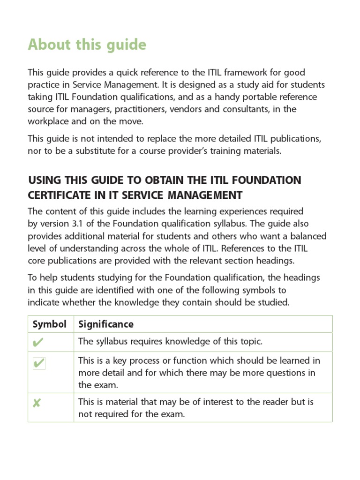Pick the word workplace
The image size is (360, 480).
pyautogui.click(x=49, y=121)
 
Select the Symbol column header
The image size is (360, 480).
pyautogui.click(x=49, y=324)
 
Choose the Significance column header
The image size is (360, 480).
pyautogui.click(x=105, y=324)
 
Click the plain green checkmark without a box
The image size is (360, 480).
pyautogui.click(x=37, y=343)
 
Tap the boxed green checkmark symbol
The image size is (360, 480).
pyautogui.click(x=39, y=363)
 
